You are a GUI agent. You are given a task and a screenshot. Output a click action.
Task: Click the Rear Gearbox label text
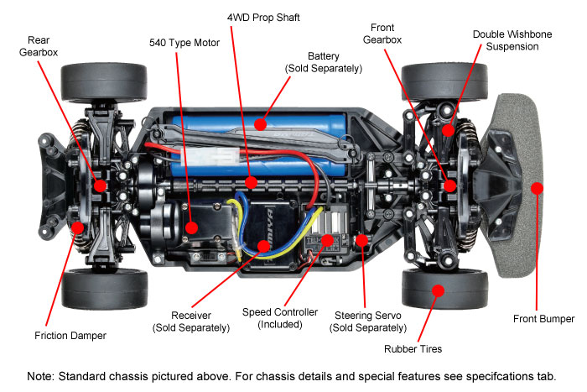coord(38,46)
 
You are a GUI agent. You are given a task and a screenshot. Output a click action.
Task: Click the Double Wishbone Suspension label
coord(506,40)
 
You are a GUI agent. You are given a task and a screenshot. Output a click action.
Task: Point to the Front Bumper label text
coord(543,319)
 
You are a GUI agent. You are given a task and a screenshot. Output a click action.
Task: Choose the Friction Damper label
coord(72,336)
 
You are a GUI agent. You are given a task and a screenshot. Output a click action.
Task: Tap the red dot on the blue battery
coord(261,125)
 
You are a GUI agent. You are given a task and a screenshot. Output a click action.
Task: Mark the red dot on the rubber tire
coord(436,290)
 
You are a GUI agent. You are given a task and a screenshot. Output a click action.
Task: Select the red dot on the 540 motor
coord(192,227)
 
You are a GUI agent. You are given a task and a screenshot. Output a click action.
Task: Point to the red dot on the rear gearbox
coord(100,186)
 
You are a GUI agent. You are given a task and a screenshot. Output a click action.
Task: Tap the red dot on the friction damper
coord(77,227)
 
